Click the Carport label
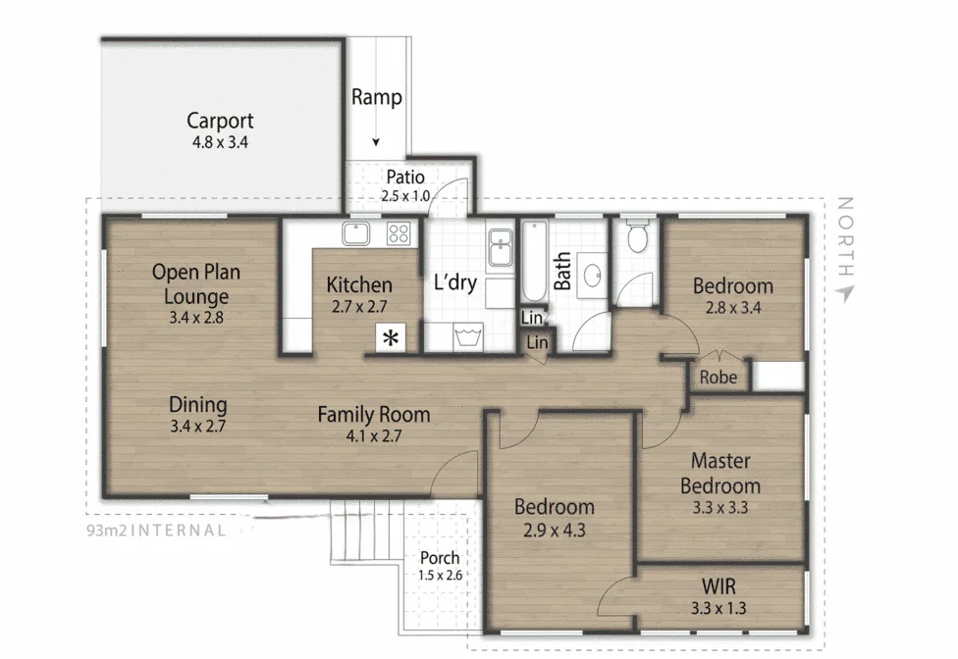click(x=220, y=121)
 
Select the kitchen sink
click(x=355, y=233)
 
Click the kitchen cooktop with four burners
click(x=399, y=233)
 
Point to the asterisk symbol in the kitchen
click(x=391, y=337)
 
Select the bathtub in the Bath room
click(x=534, y=262)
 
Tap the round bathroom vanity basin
click(x=593, y=276)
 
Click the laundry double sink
click(x=501, y=248)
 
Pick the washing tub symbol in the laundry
click(x=468, y=336)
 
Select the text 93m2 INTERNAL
click(x=156, y=531)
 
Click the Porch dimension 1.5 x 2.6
click(x=441, y=575)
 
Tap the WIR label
click(x=718, y=586)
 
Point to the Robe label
click(x=718, y=378)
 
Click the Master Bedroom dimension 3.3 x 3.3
click(x=720, y=507)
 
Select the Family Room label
click(x=374, y=415)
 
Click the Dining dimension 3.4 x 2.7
click(x=198, y=426)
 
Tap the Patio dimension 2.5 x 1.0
click(x=405, y=196)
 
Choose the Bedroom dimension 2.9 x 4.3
click(x=555, y=530)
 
